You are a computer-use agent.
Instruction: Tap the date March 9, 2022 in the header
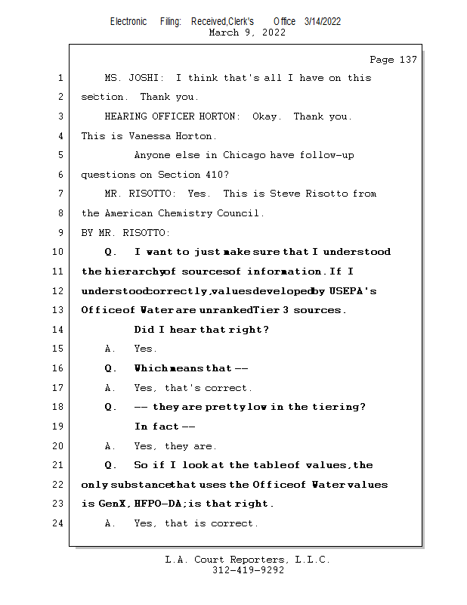tap(247, 33)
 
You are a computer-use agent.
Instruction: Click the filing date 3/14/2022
tap(323, 21)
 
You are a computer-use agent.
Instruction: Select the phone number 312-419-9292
tap(248, 570)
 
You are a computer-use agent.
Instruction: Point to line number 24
tap(60, 523)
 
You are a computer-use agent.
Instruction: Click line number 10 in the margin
tap(60, 252)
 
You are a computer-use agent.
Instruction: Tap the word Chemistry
tap(184, 213)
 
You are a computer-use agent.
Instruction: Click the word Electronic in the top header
tap(128, 21)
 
